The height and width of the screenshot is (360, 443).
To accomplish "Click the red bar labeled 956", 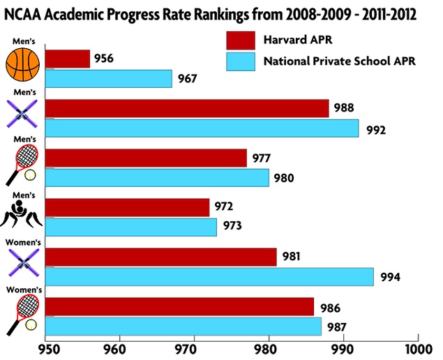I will point(68,59).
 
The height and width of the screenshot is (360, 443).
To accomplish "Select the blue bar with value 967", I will point(109,79).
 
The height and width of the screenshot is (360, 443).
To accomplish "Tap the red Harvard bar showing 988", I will point(187,108).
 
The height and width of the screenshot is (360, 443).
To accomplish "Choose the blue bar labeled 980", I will point(157,178).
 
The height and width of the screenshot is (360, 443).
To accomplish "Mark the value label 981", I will point(292,257).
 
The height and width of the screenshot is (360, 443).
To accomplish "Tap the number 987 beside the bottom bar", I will point(337,327).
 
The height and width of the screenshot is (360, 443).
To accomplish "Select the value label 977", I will point(262,158).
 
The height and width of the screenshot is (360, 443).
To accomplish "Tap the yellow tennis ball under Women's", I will point(31,324).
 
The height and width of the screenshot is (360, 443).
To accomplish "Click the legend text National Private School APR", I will point(339,61).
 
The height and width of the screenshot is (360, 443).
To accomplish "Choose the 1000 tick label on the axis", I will point(417,347).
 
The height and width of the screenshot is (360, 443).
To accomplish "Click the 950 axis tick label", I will point(46,347).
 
